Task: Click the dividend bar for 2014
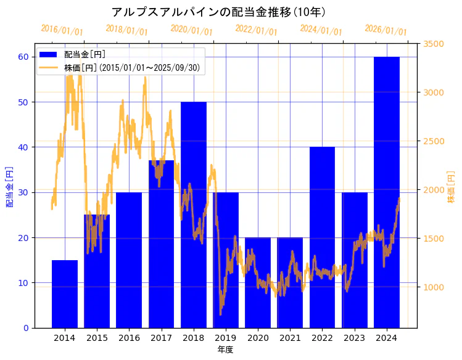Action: (65, 294)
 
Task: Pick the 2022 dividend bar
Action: (322, 237)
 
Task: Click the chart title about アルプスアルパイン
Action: (219, 12)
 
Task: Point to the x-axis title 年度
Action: (225, 350)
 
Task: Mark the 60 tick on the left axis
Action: (23, 57)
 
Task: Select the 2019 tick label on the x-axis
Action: (226, 338)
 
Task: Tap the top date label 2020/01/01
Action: (192, 30)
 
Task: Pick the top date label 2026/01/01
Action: (386, 30)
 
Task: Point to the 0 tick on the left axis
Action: (26, 328)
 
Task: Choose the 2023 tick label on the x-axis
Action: (354, 338)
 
